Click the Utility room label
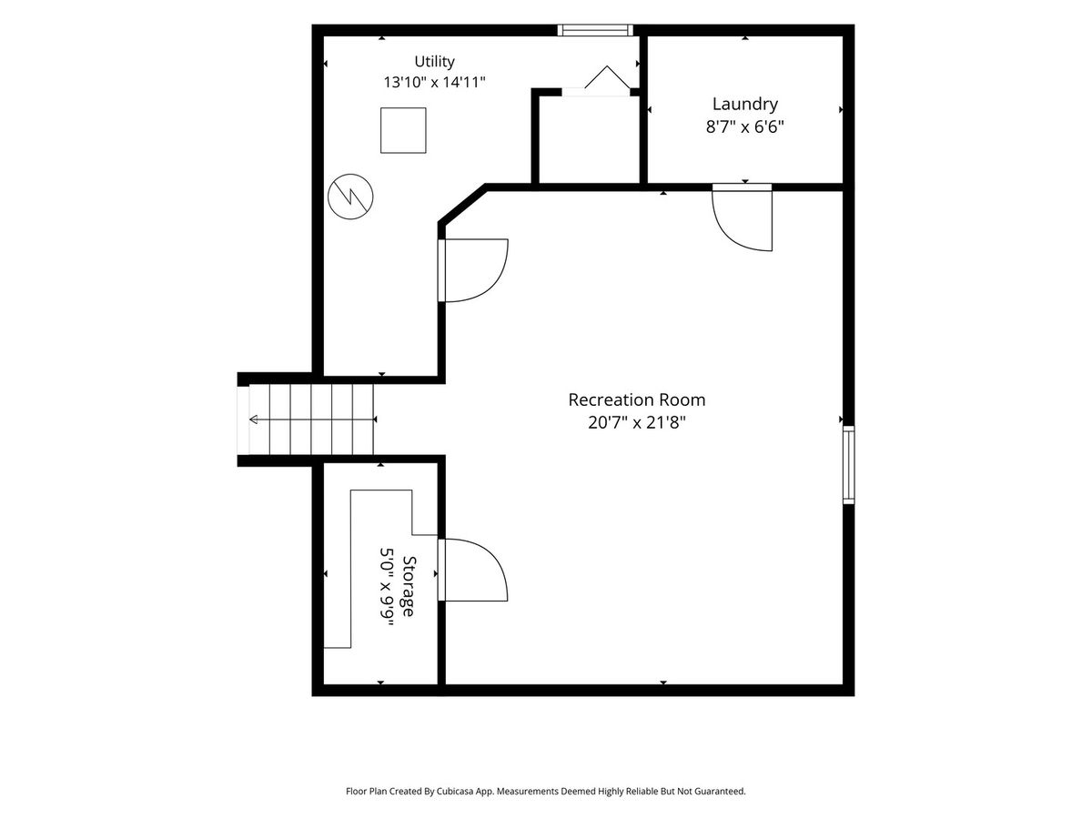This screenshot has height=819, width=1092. coord(434,62)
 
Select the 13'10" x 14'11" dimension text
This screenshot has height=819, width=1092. coord(434,82)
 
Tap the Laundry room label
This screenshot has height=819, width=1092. coord(744,105)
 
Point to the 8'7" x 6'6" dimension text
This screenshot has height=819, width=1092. coord(744,126)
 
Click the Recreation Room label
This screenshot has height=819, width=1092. coord(637,399)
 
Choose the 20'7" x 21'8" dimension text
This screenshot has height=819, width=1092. coord(637,422)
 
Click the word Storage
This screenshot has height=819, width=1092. coord(409,586)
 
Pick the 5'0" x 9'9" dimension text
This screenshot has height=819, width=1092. coord(387,587)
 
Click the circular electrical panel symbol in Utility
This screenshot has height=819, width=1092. coord(350,197)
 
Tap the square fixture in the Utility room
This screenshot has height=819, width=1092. coord(403,130)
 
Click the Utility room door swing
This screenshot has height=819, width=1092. coord(492,286)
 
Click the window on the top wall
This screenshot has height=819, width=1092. coord(595,30)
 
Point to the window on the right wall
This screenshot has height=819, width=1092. coord(849,464)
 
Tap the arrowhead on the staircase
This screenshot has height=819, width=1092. coord(253,420)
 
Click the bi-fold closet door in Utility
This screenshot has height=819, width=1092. coord(608,77)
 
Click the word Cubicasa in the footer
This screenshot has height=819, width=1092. coord(454,791)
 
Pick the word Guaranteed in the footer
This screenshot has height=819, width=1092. coord(723,791)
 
